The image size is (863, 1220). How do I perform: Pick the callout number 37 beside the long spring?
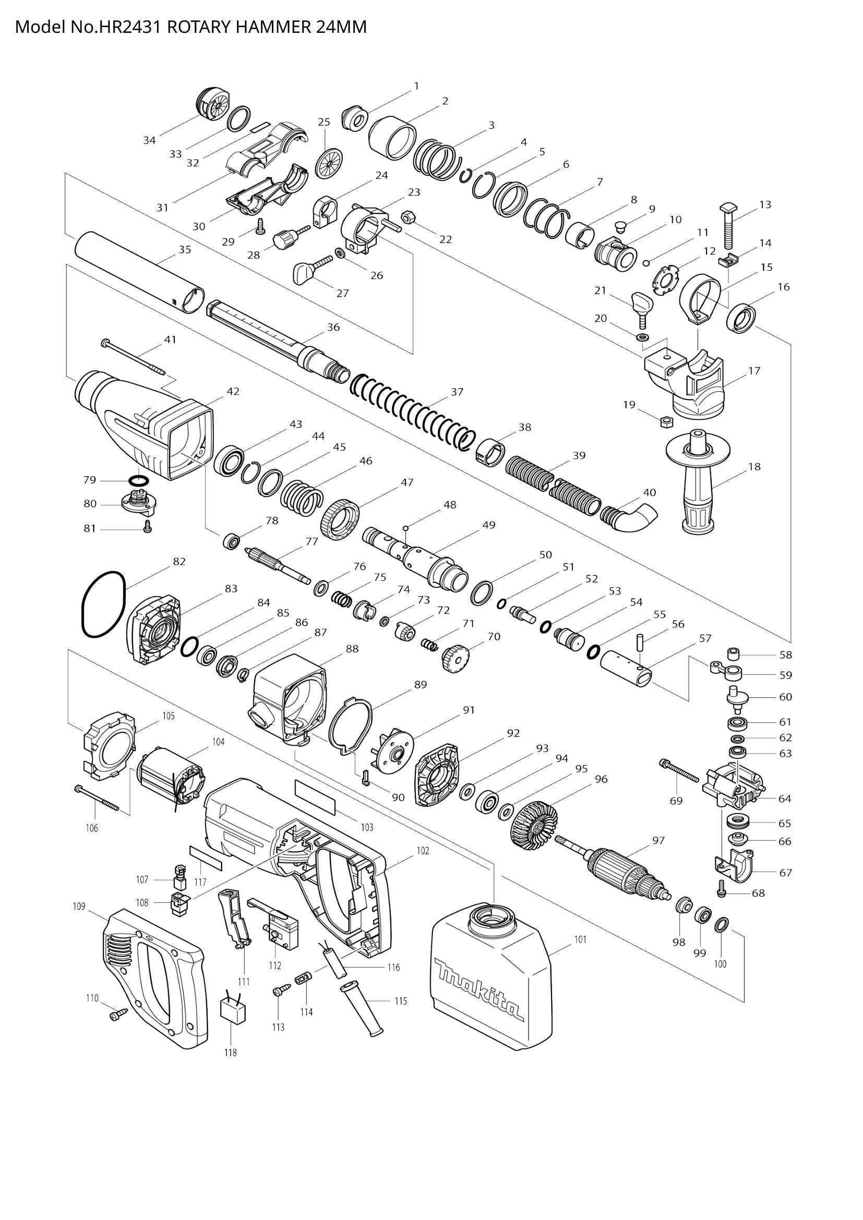pos(457,392)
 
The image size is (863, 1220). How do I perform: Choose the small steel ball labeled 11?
pos(645,262)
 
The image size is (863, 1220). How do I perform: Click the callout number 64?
pos(784,799)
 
